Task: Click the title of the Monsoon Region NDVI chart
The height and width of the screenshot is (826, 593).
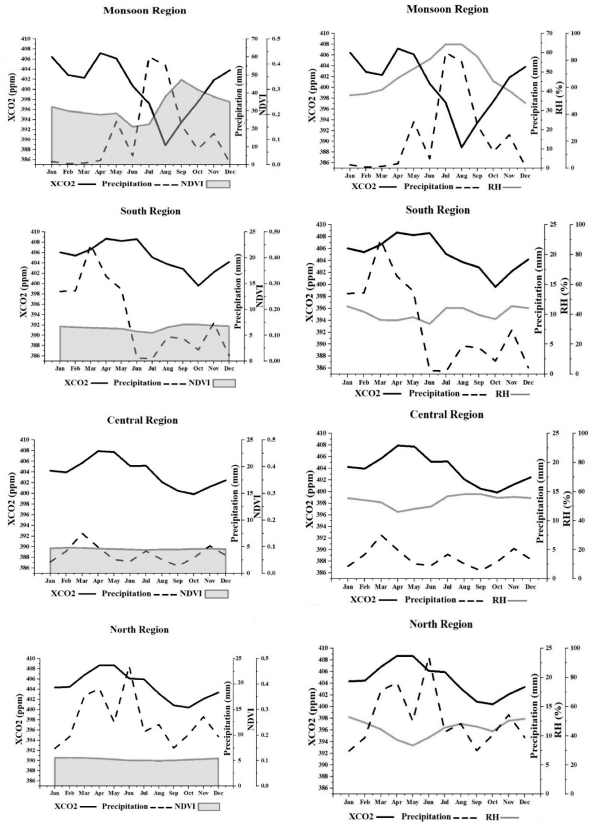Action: [145, 10]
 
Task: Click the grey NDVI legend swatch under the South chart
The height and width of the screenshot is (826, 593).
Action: [224, 383]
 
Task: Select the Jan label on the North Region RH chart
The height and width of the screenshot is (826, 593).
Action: [348, 801]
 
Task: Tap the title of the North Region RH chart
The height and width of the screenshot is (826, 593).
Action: [440, 624]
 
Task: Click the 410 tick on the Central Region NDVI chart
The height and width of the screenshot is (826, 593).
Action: [25, 440]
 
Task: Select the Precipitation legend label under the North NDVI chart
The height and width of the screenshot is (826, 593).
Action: [126, 806]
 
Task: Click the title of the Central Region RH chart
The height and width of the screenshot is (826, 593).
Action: [446, 414]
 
